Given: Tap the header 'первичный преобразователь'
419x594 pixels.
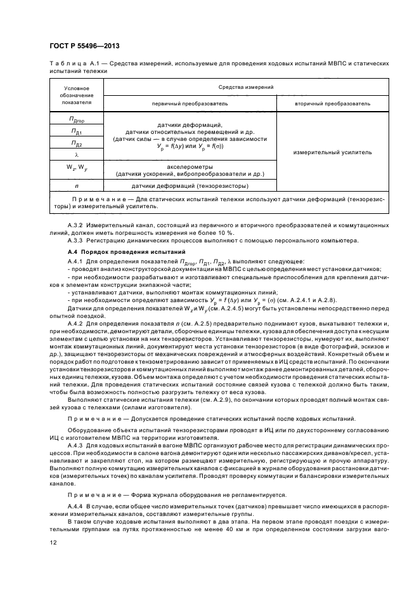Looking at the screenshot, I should pyautogui.click(x=189, y=103).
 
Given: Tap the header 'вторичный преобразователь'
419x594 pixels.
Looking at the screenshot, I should pyautogui.click(x=333, y=103).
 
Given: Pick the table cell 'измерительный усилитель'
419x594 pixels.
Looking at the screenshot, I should pyautogui.click(x=333, y=152).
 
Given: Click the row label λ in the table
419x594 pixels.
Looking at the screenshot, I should pyautogui.click(x=76, y=154).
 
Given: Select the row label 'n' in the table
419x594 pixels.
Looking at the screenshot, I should pyautogui.click(x=76, y=186).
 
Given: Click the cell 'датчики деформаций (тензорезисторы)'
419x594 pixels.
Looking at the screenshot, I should pyautogui.click(x=189, y=186).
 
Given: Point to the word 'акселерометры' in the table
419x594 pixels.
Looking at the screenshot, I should pyautogui.click(x=189, y=166).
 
